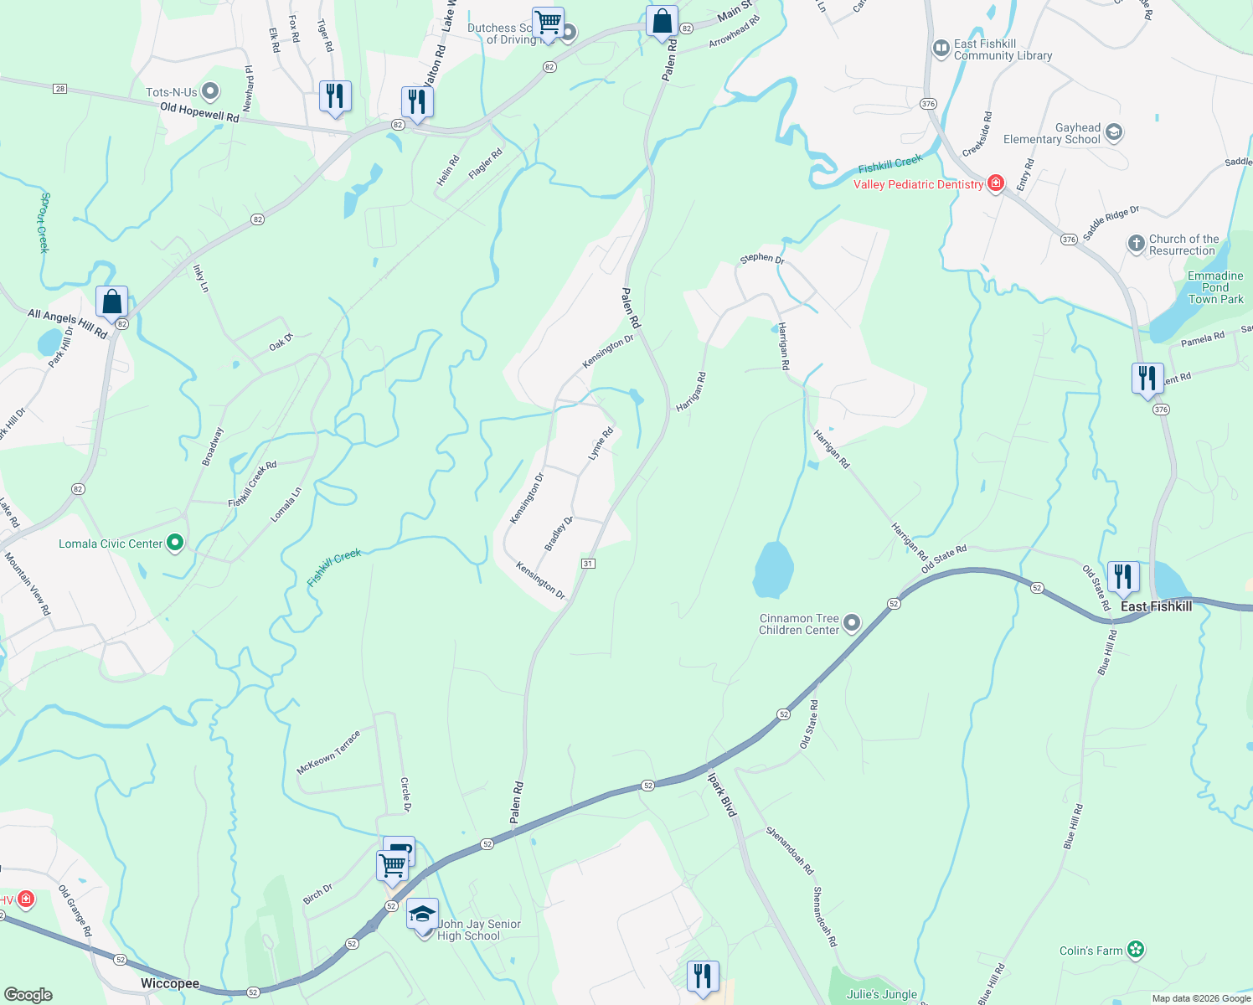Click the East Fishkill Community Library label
(1002, 49)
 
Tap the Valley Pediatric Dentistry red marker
(996, 183)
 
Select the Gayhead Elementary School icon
(1114, 132)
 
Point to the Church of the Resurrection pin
(1136, 244)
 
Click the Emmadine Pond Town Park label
(1215, 287)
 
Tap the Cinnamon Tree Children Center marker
(852, 622)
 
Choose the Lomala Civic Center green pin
(175, 544)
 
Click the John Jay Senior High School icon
(422, 913)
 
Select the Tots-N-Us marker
(210, 90)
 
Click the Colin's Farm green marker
(1135, 950)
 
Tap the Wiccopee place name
(170, 983)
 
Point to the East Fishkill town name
(1156, 606)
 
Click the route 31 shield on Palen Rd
(588, 564)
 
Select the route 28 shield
(59, 89)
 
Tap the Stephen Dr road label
(761, 259)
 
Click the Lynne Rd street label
(601, 443)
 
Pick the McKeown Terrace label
(328, 752)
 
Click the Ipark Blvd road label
(721, 794)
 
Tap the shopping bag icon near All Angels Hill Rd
(111, 301)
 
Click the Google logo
(28, 995)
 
